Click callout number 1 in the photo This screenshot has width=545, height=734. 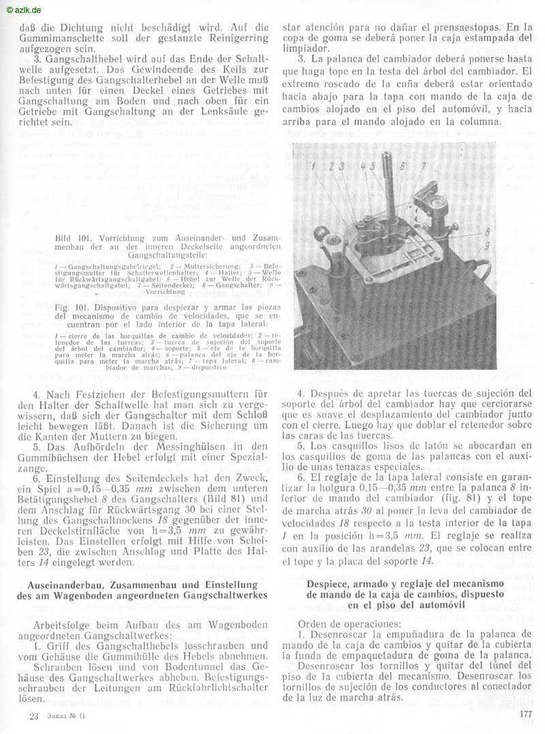coord(311,165)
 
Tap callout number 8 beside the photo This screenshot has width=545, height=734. coord(487,232)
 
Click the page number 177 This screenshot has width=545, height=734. coord(524,714)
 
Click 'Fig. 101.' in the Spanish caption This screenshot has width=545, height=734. coord(74,307)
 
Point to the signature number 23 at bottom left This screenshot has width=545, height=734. coord(33,716)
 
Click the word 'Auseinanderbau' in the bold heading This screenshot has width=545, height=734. coord(74,584)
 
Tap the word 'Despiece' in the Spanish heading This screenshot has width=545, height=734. coord(332,584)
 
